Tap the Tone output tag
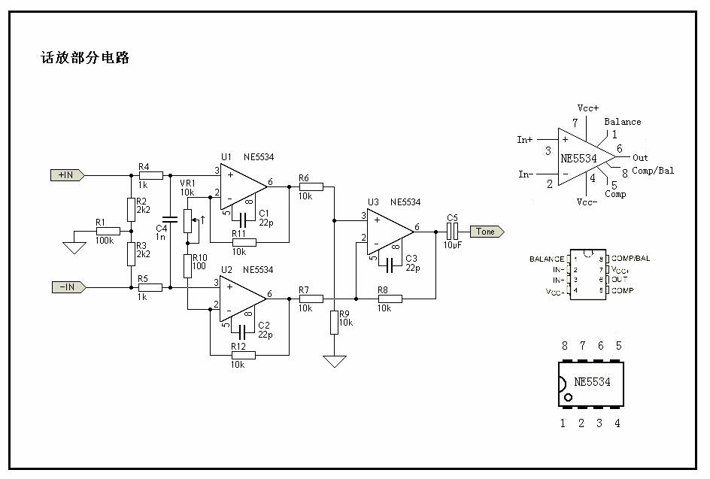(x=487, y=232)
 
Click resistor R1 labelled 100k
(x=104, y=232)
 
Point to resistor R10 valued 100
(x=187, y=265)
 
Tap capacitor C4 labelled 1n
(x=171, y=219)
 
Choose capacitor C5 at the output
(x=452, y=232)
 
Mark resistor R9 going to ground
(x=334, y=323)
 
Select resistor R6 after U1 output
(x=310, y=186)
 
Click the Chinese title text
(x=85, y=58)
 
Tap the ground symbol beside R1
(x=74, y=246)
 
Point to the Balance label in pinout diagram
(x=623, y=122)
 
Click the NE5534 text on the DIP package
(x=592, y=382)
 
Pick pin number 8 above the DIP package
(x=564, y=345)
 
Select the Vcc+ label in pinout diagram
(x=588, y=108)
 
